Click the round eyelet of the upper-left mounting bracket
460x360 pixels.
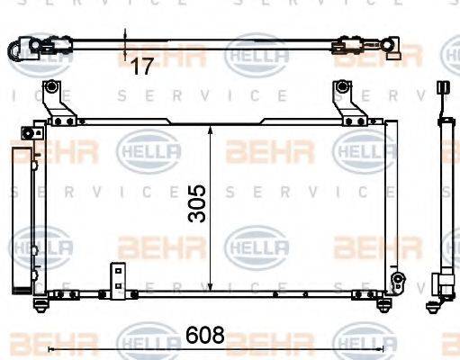(x=53, y=88)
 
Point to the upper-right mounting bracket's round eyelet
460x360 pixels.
(x=342, y=87)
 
